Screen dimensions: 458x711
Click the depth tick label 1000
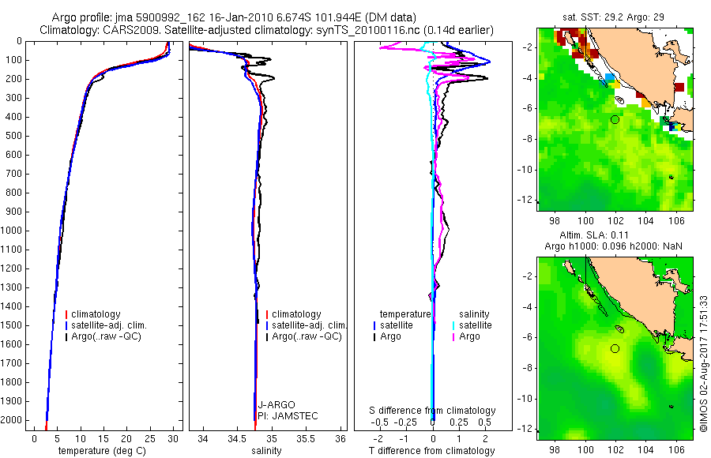(x=13, y=231)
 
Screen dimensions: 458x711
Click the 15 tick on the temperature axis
(x=103, y=438)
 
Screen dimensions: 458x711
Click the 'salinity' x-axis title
(x=265, y=451)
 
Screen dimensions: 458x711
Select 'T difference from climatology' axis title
(x=433, y=451)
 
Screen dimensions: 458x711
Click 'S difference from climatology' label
(x=433, y=411)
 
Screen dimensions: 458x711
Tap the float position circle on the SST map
(x=615, y=119)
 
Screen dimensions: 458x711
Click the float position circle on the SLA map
(x=615, y=348)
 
